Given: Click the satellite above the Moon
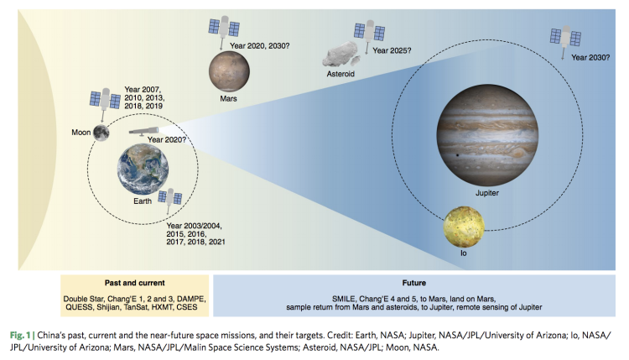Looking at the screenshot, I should (106, 102).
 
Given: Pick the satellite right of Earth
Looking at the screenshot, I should (174, 199).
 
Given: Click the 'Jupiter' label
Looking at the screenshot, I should (487, 193).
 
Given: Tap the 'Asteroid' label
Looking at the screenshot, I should (343, 74).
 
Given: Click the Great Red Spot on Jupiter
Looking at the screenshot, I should (524, 153).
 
